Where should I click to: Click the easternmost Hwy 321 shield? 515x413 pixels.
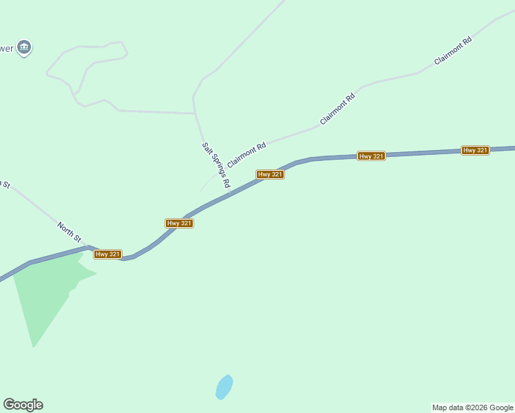pyautogui.click(x=475, y=150)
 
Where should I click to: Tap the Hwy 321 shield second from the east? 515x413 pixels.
pyautogui.click(x=371, y=156)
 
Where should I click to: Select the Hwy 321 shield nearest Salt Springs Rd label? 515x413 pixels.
pyautogui.click(x=271, y=175)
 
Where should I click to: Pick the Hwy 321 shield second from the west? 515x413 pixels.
pyautogui.click(x=179, y=223)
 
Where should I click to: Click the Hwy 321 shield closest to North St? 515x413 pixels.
pyautogui.click(x=108, y=254)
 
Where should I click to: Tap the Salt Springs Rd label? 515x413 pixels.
pyautogui.click(x=216, y=165)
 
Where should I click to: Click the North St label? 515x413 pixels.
pyautogui.click(x=70, y=231)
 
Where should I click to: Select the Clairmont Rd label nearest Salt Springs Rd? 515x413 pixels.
pyautogui.click(x=246, y=155)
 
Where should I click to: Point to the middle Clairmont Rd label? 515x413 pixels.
pyautogui.click(x=337, y=109)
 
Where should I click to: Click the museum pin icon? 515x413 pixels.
pyautogui.click(x=25, y=47)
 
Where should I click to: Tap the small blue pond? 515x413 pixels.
pyautogui.click(x=224, y=387)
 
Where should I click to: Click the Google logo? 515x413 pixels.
pyautogui.click(x=23, y=405)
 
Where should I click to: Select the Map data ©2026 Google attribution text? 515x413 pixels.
pyautogui.click(x=472, y=407)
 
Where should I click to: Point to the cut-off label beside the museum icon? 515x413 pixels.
pyautogui.click(x=6, y=48)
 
